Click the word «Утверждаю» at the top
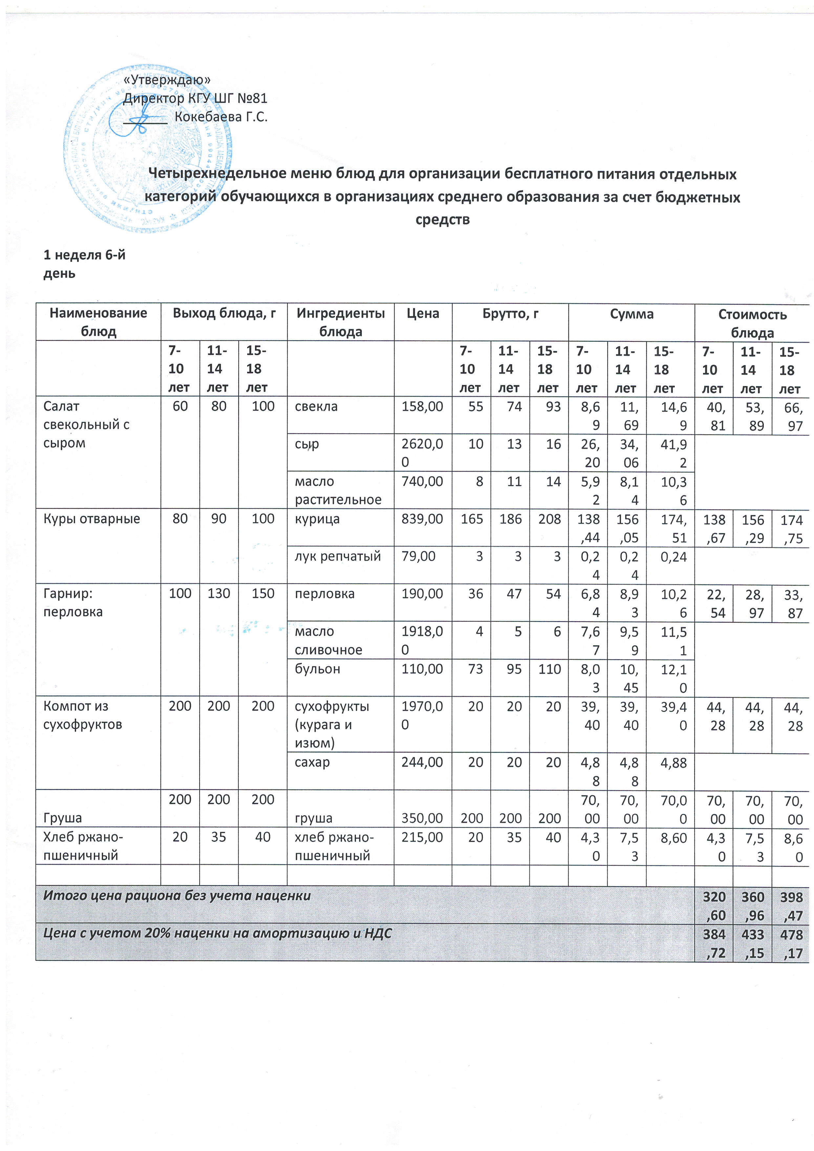167,80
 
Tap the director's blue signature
143,120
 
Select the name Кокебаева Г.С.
221,117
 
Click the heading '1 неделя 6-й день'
84,264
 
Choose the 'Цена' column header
423,314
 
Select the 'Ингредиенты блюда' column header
341,322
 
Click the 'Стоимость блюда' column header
752,323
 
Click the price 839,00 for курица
422,519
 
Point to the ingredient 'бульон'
317,669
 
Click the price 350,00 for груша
422,818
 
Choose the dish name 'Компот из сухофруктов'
83,715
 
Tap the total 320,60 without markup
714,906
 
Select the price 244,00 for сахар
422,763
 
